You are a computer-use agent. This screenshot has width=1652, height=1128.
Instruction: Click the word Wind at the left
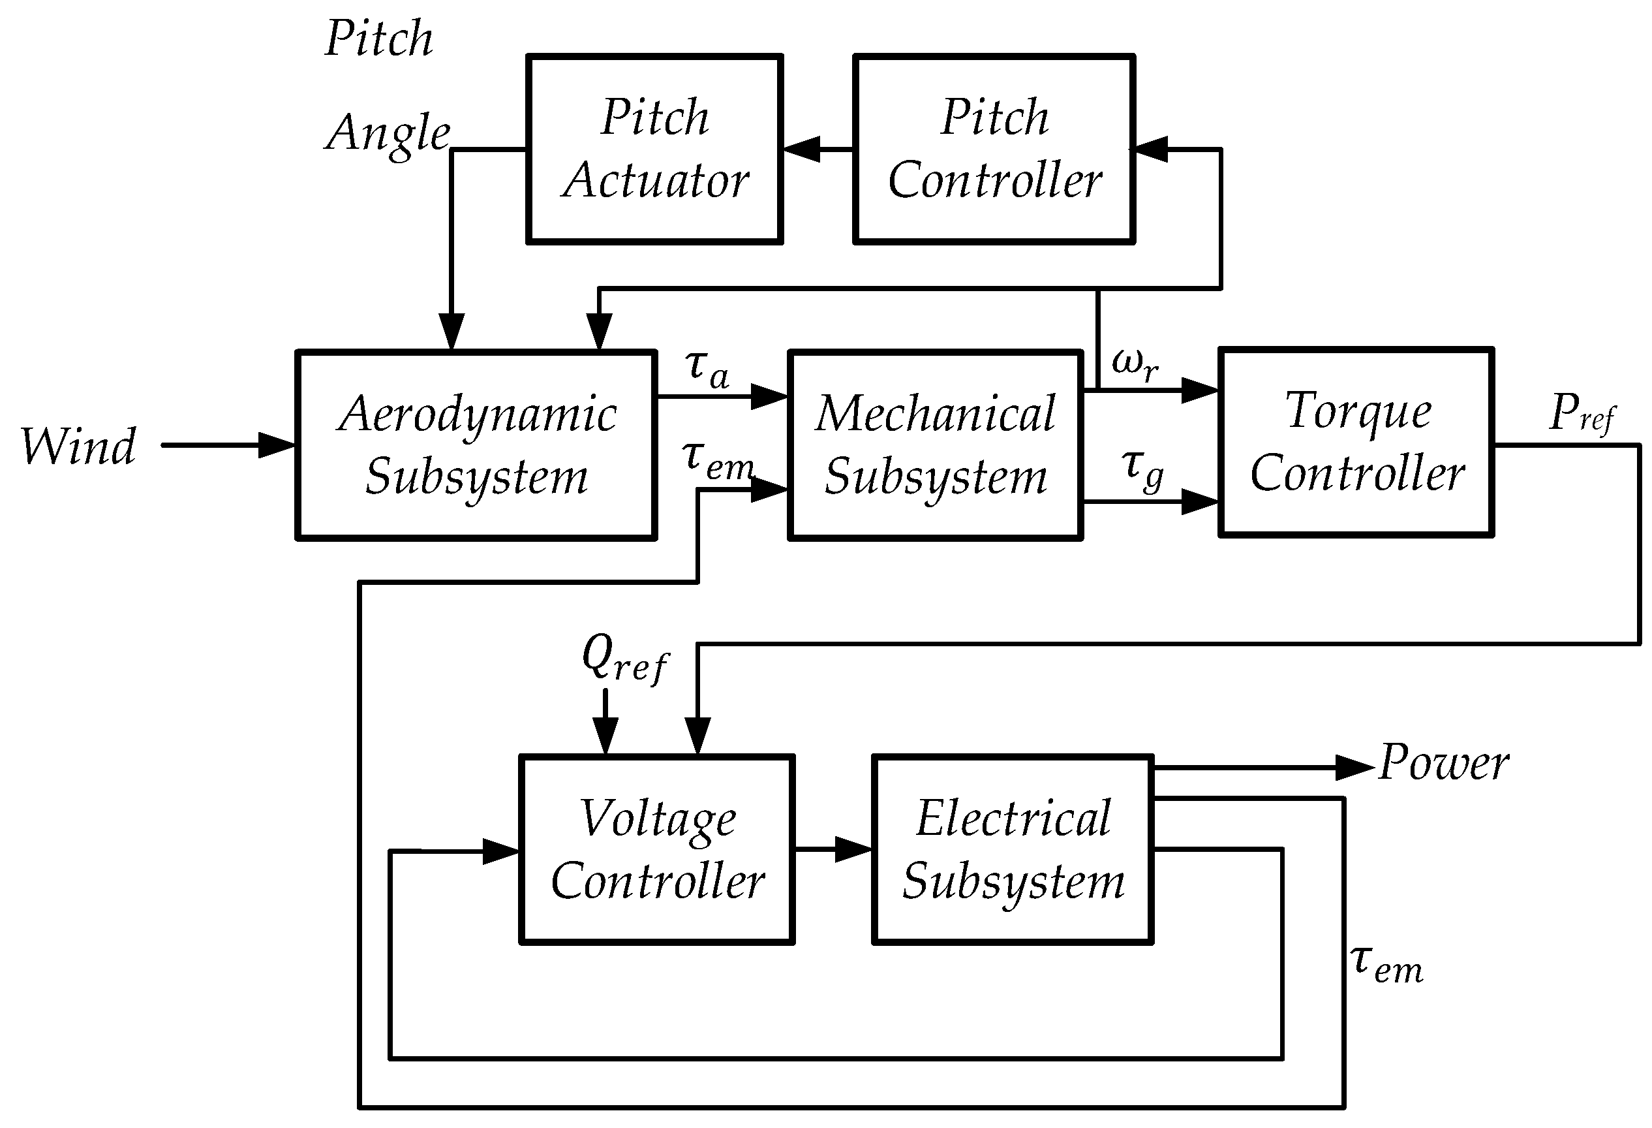click(78, 446)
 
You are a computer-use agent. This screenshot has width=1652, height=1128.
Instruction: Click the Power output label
click(1444, 762)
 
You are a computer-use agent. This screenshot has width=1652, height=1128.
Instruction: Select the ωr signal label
click(1135, 365)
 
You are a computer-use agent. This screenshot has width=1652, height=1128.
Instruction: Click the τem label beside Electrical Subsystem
click(1386, 965)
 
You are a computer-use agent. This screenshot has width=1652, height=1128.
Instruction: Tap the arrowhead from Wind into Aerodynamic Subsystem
click(277, 445)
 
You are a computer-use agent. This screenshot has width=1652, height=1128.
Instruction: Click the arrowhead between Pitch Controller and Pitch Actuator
click(802, 149)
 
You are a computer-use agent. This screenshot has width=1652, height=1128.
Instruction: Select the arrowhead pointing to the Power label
click(1355, 768)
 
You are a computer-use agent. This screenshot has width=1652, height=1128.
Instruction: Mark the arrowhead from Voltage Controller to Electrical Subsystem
click(853, 849)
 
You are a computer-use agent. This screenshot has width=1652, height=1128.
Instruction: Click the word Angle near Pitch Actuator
click(388, 134)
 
